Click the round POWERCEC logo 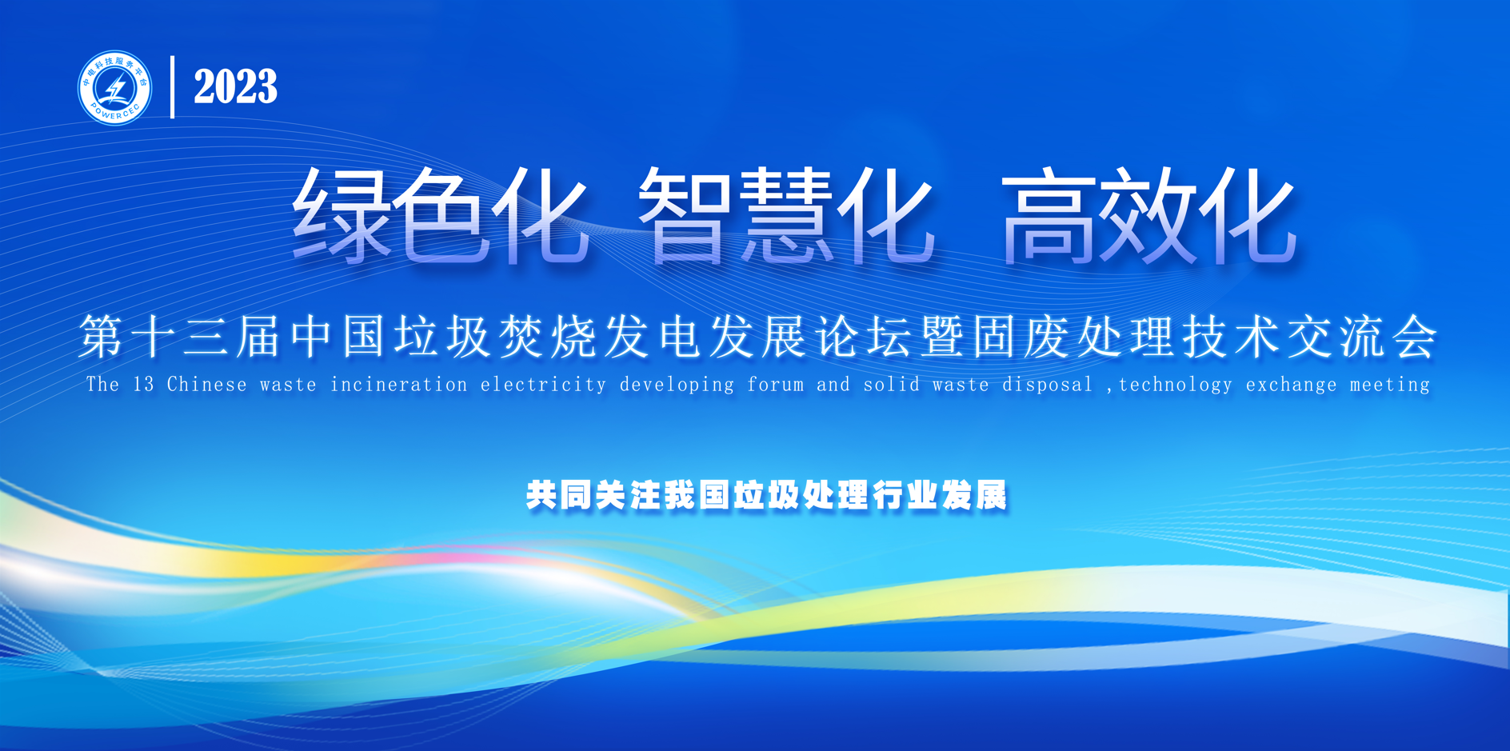[114, 88]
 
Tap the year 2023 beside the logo [235, 86]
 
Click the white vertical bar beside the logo [172, 87]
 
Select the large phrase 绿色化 [440, 214]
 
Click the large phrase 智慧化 [786, 214]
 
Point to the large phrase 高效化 [1148, 214]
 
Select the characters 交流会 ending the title [1362, 337]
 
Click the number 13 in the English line [143, 385]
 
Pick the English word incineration [399, 385]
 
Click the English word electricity [543, 385]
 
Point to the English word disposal [1048, 385]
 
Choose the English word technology [1176, 385]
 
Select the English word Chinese [207, 385]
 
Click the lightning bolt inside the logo [117, 88]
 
